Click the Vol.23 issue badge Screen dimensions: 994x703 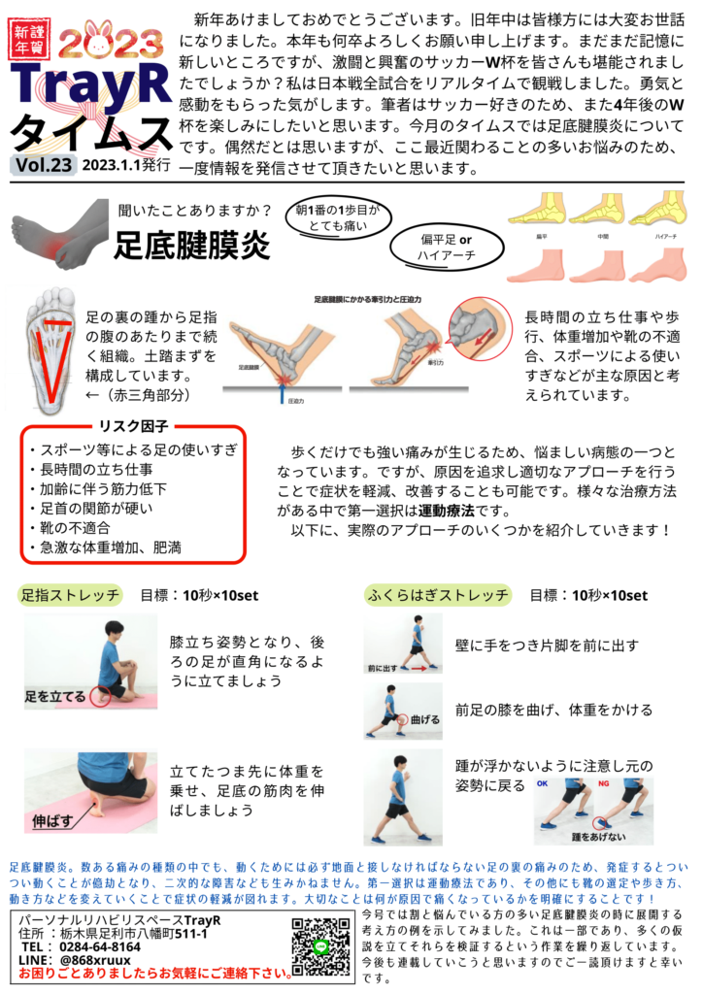(45, 166)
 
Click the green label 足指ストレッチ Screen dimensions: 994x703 (71, 594)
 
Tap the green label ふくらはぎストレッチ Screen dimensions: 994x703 (437, 594)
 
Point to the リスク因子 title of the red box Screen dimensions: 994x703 (133, 425)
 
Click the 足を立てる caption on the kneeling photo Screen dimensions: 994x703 (54, 695)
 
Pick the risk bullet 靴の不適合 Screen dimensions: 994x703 (73, 527)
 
